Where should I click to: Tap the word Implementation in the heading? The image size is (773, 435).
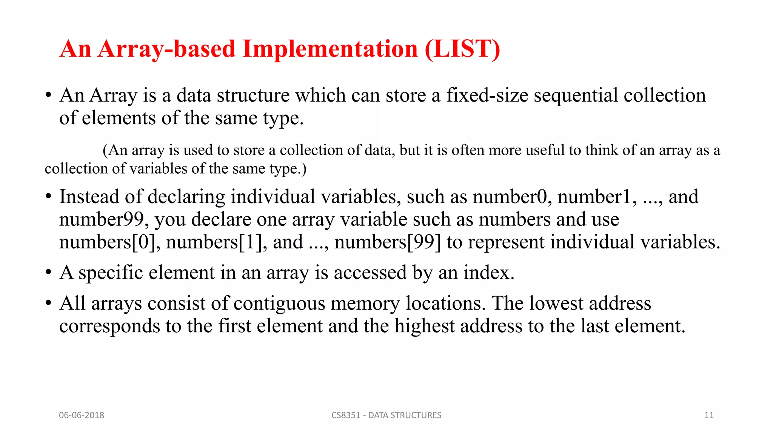[330, 49]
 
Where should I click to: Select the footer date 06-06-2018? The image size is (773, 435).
[82, 415]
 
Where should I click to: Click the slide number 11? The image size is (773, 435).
[709, 415]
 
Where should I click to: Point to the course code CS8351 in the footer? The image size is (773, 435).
[346, 415]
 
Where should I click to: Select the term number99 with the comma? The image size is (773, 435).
[103, 219]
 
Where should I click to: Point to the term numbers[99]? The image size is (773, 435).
[387, 242]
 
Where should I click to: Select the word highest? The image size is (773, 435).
[424, 326]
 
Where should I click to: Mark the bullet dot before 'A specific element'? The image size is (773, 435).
[48, 273]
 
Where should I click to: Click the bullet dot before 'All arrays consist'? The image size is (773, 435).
[48, 303]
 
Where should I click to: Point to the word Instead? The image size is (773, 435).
[89, 197]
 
